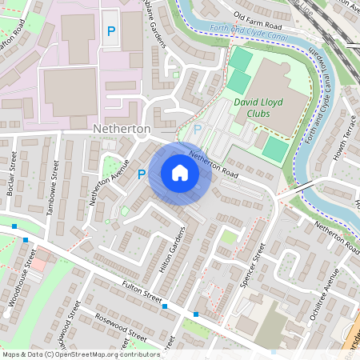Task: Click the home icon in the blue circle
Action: (x=180, y=173)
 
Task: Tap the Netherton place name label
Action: (x=122, y=128)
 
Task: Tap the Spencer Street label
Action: (x=254, y=270)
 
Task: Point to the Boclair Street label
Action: (x=12, y=171)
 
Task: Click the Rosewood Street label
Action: (x=120, y=324)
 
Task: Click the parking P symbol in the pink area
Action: (x=111, y=31)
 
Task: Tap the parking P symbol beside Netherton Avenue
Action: (x=142, y=174)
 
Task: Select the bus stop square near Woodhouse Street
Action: (x=26, y=239)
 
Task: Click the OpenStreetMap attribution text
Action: (x=81, y=354)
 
